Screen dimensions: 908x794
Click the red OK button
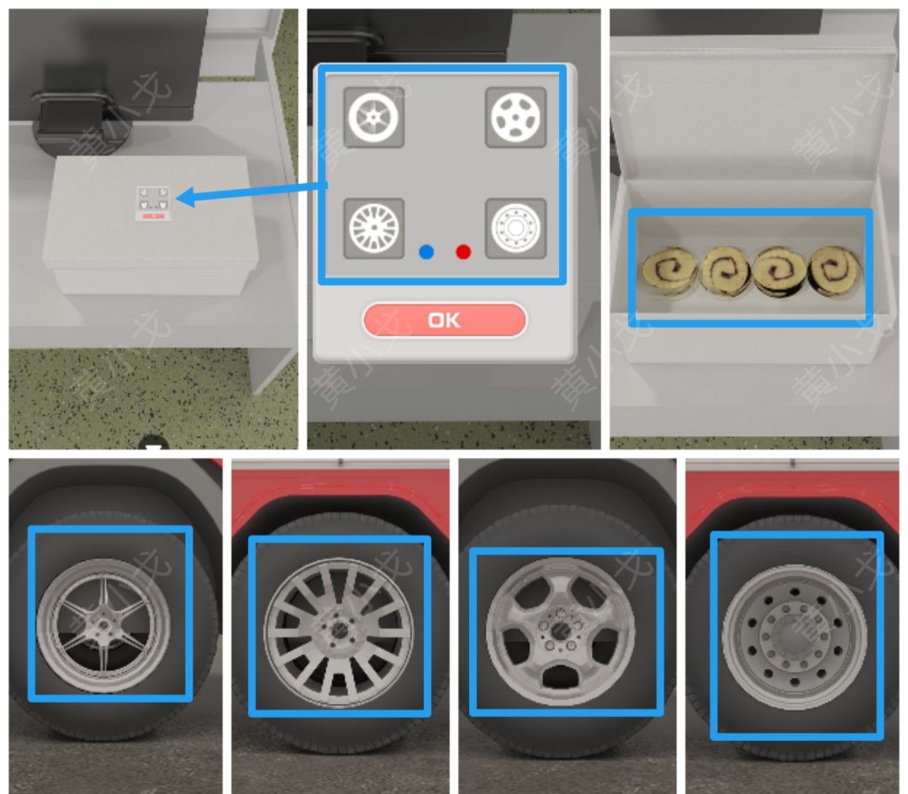(444, 319)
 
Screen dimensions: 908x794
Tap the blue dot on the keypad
(426, 252)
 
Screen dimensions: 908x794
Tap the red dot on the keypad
(463, 252)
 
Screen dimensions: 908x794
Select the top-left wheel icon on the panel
(373, 118)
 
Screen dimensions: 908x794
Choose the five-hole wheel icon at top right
(515, 118)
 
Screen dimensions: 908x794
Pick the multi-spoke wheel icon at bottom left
(373, 228)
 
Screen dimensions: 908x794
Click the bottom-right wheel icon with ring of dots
(515, 228)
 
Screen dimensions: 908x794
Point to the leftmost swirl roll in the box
(669, 271)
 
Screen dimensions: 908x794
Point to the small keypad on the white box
(154, 202)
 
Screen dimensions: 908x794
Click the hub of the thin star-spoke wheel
(103, 626)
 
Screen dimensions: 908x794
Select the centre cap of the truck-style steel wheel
(794, 638)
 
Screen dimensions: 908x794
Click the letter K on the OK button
(452, 319)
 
